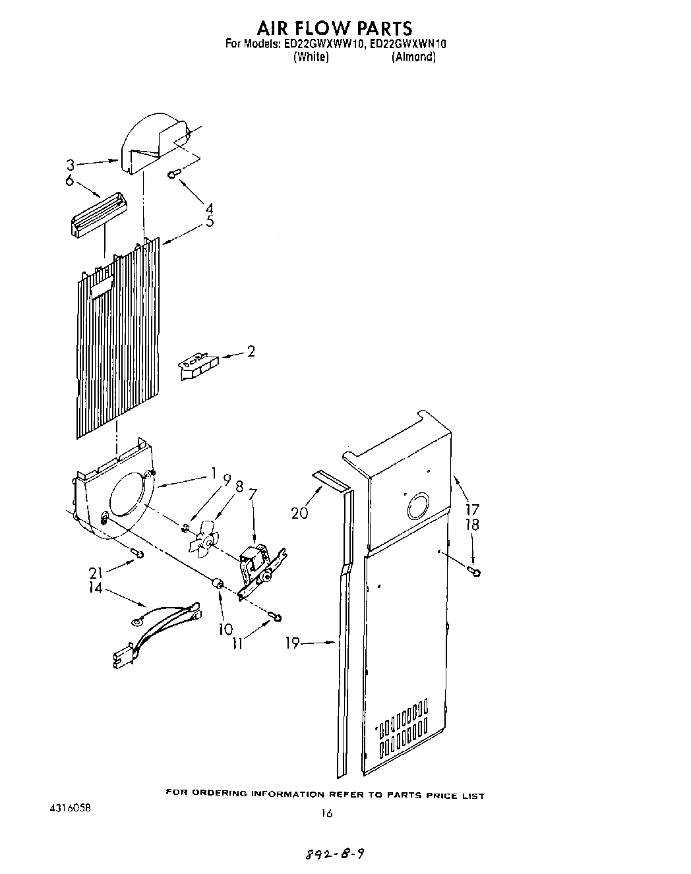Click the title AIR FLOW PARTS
pos(334,28)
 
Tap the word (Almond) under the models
pos(413,57)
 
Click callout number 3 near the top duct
pos(69,167)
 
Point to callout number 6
pos(69,180)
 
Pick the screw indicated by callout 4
pos(175,173)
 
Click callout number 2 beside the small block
pos(251,351)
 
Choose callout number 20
pos(300,512)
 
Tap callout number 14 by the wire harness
pos(96,587)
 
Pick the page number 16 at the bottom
pos(327,813)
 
